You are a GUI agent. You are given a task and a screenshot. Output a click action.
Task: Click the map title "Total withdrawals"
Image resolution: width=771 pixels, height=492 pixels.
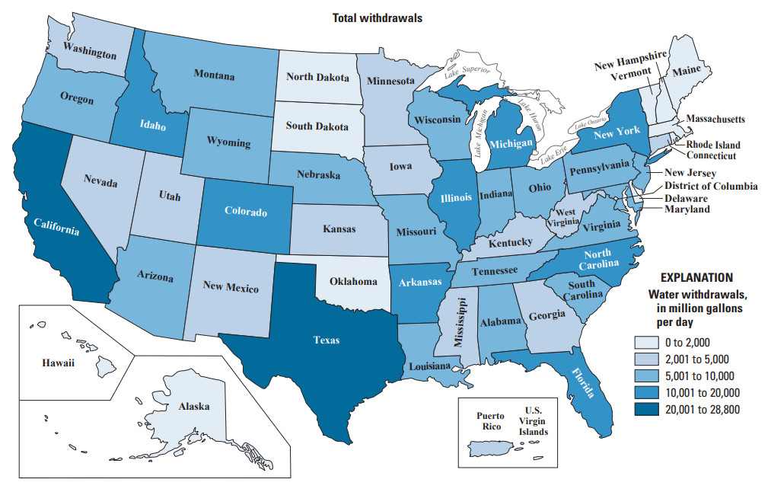(x=377, y=17)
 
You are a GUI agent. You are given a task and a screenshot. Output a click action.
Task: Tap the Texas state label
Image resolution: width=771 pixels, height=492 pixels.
(x=327, y=340)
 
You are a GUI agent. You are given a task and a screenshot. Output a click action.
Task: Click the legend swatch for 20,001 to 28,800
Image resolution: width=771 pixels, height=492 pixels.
(x=645, y=410)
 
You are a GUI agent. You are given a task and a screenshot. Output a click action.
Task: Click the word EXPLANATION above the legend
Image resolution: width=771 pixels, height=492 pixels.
(x=696, y=278)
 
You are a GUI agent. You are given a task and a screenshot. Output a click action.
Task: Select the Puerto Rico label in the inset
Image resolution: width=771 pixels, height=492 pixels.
(x=490, y=421)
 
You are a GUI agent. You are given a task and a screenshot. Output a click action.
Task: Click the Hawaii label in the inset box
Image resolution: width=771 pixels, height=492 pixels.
(x=58, y=363)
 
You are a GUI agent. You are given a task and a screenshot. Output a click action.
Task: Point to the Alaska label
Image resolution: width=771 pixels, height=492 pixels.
(x=194, y=407)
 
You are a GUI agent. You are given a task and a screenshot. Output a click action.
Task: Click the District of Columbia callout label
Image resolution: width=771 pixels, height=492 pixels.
(x=710, y=186)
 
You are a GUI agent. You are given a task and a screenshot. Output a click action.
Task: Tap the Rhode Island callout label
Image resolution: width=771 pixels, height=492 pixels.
(x=713, y=145)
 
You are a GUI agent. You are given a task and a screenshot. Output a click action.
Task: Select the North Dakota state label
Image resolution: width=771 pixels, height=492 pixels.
(x=317, y=77)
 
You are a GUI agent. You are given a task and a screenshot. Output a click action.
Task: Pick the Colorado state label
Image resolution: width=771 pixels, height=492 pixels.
(x=246, y=211)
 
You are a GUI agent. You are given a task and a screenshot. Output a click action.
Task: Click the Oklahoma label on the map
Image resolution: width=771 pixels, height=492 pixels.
(x=353, y=282)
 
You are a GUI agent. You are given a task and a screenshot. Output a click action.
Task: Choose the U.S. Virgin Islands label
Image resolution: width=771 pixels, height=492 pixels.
(x=533, y=420)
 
